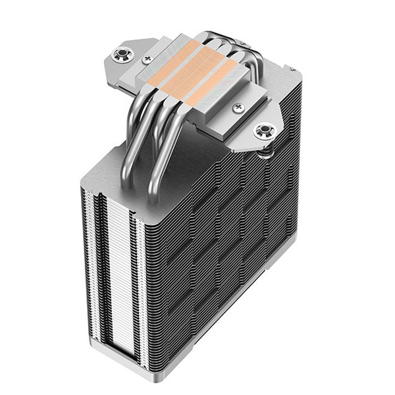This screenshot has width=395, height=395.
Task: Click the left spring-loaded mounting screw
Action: [x=123, y=55]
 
